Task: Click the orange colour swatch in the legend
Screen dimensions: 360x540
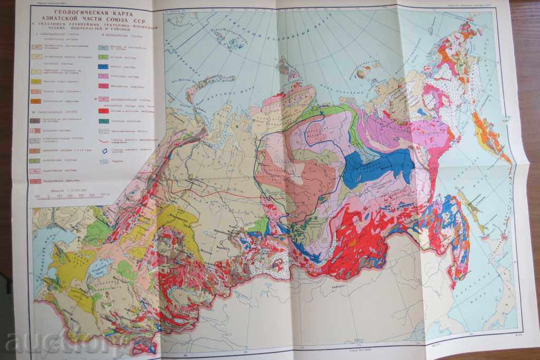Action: coord(36,101)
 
